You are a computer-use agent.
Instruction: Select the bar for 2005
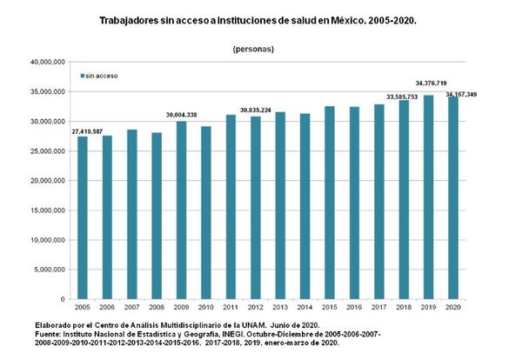click(x=83, y=217)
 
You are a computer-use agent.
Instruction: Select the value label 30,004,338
click(x=181, y=114)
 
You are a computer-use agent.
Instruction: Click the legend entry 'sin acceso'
click(x=102, y=76)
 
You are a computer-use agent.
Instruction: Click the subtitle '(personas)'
click(x=253, y=49)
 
